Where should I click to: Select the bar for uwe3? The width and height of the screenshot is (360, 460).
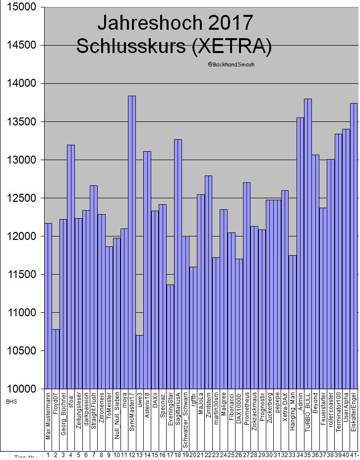click(x=139, y=362)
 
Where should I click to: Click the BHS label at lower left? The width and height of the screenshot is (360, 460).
click(x=11, y=401)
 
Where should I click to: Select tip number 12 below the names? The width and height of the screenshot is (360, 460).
click(x=132, y=455)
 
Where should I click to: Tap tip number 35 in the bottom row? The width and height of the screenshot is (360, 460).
click(x=307, y=455)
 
